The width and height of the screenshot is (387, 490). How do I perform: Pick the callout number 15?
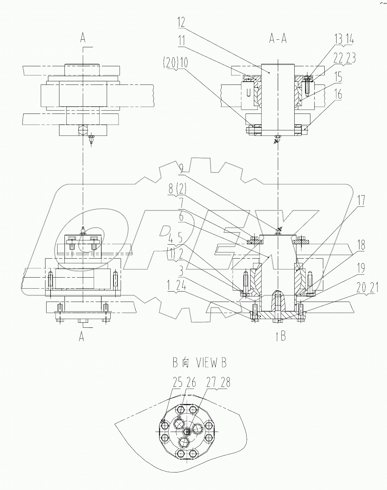click(338, 77)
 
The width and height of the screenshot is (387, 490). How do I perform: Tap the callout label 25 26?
click(184, 383)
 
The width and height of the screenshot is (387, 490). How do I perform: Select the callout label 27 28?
click(218, 383)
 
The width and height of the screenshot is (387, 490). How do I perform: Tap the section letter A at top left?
click(83, 38)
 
